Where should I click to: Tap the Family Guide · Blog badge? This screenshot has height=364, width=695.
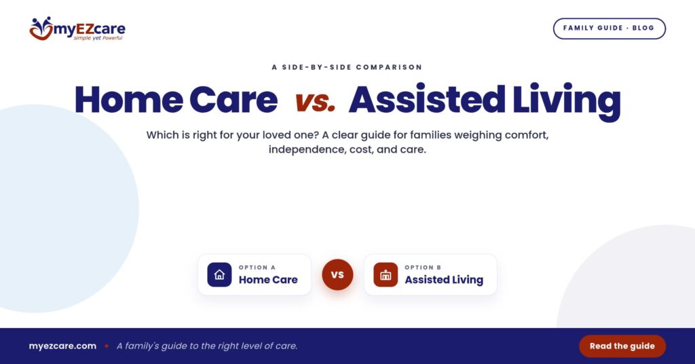609,29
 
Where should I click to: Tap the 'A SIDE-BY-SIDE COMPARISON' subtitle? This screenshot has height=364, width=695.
347,67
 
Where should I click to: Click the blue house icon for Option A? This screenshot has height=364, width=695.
219,275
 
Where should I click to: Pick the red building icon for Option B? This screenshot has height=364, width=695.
386,275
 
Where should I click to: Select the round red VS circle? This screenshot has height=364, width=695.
337,275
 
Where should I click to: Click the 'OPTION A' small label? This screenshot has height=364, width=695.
257,268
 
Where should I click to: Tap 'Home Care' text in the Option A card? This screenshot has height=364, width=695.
268,280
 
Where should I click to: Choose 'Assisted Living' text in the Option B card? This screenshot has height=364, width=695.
444,280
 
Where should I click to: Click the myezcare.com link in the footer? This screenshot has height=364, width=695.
62,346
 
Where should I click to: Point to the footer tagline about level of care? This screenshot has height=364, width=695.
207,346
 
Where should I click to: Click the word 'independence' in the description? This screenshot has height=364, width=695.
300,149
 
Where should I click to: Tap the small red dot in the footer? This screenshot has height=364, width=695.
107,346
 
